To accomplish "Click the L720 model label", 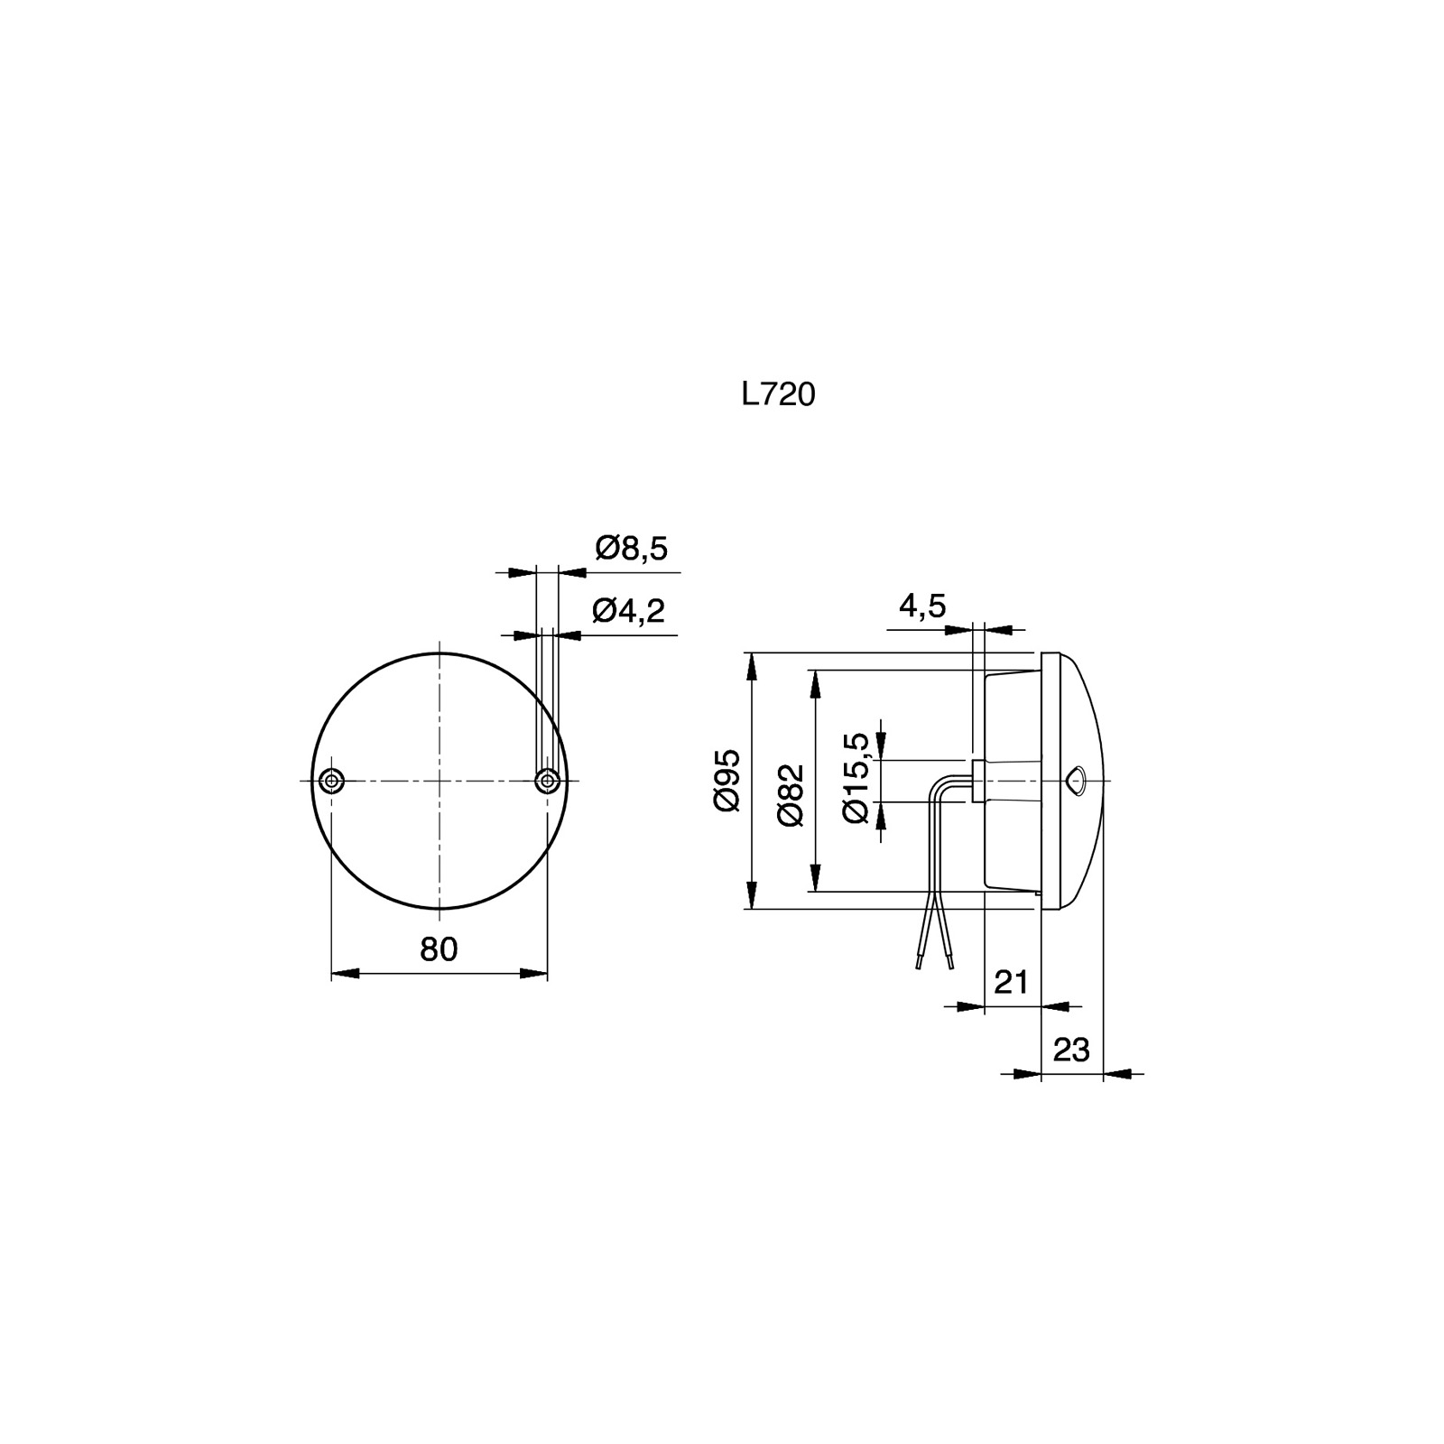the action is [x=778, y=394].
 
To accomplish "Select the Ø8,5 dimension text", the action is [x=632, y=548].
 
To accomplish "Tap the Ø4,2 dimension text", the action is [x=629, y=611].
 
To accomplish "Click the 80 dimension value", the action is [x=439, y=949].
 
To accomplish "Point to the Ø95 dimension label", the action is [x=727, y=780].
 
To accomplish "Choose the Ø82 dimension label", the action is [x=790, y=793].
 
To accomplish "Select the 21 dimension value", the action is [x=1011, y=981].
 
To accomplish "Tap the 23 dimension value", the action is [x=1072, y=1050].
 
